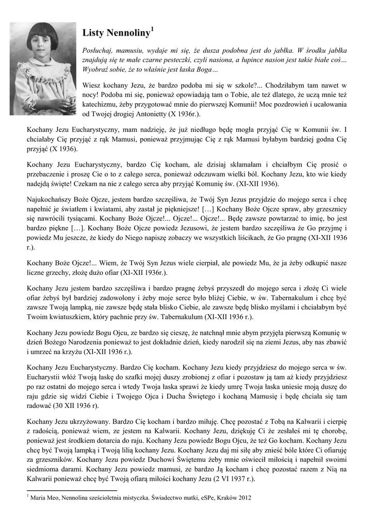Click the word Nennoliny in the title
coord(128,35)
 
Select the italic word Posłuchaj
coord(98,51)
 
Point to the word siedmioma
coord(44,468)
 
